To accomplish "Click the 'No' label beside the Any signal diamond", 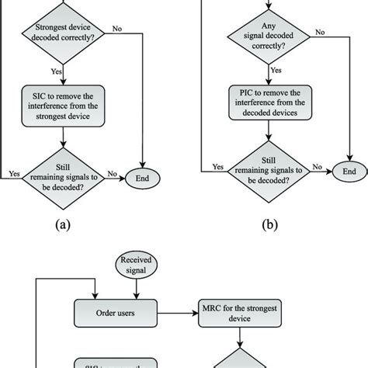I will click(x=318, y=31).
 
